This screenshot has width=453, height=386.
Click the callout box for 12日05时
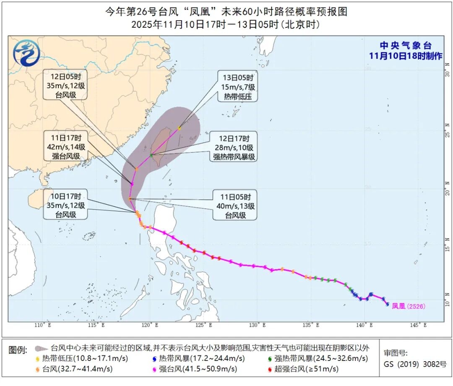pyautogui.click(x=65, y=86)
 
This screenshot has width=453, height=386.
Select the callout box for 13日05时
pyautogui.click(x=237, y=86)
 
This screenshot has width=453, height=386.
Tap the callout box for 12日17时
pyautogui.click(x=234, y=148)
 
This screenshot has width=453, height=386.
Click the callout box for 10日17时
pyautogui.click(x=65, y=204)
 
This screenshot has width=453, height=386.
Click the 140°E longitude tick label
pyautogui.click(x=364, y=325)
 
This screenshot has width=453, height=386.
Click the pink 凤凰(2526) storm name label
pyautogui.click(x=408, y=307)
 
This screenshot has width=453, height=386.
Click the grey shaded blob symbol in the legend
pyautogui.click(x=41, y=348)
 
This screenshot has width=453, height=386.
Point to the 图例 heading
pyautogui.click(x=18, y=349)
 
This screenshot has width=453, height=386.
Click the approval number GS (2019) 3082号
pyautogui.click(x=415, y=365)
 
